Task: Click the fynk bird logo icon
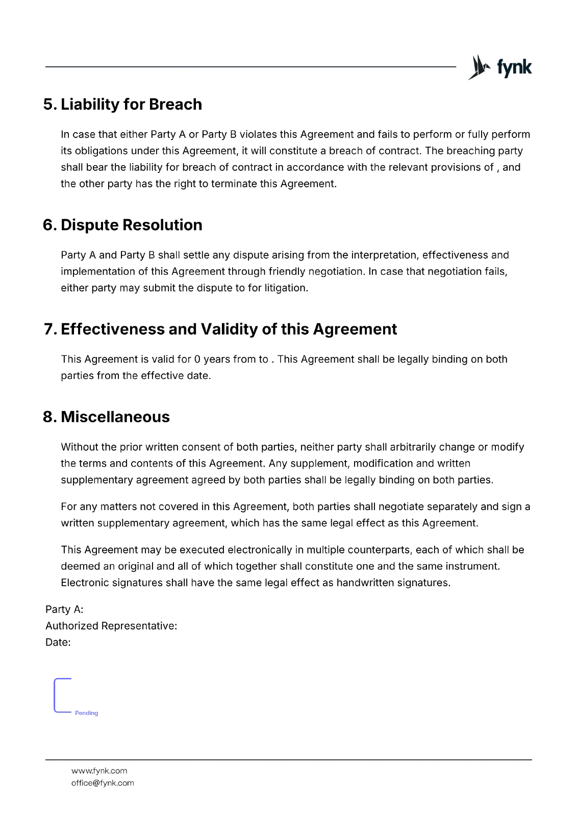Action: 479,67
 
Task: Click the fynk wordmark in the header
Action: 514,67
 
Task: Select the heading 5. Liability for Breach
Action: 122,105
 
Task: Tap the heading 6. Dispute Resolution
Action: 122,225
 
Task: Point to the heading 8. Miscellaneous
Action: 106,417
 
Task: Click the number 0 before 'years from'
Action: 197,360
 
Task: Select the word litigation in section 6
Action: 286,288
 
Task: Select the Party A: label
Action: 64,609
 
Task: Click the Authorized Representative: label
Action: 111,626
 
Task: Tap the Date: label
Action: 58,643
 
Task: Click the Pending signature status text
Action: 86,713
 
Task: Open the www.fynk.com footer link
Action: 99,771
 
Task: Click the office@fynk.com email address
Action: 103,783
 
